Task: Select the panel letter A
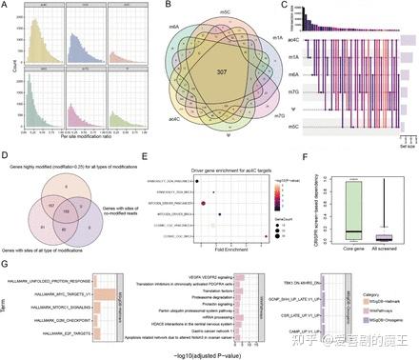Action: tap(6, 7)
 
